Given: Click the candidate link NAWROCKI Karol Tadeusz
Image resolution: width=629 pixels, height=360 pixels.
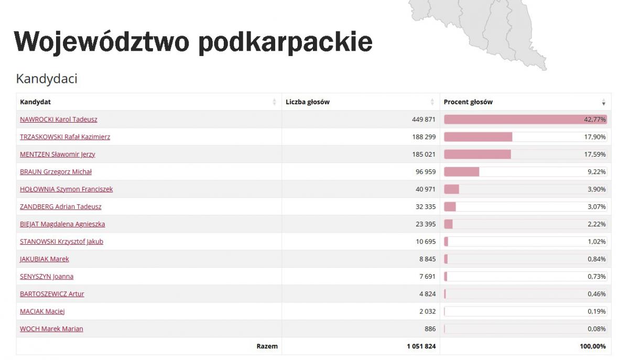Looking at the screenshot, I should pos(58,119).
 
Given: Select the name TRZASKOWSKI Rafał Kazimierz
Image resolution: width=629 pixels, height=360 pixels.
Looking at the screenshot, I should pos(65,137).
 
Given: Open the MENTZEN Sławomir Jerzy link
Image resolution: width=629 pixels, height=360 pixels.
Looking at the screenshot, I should pos(58,154).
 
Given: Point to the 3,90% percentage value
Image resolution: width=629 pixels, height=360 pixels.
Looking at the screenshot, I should pos(597,189).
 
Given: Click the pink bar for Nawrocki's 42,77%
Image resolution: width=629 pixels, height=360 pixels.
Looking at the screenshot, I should pos(524,119).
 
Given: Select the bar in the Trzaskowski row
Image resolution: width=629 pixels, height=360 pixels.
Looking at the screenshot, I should pos(478,137).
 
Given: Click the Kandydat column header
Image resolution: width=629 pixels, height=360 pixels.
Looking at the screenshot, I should pos(35,102).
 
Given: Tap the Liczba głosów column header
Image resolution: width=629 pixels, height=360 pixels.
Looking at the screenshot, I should pos(308,102).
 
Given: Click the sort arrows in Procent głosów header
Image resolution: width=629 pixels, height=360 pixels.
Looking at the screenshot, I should pos(603,102).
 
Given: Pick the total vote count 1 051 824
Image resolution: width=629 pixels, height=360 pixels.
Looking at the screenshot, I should pos(421,346).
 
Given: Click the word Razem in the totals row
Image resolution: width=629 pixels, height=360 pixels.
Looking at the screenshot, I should pos(267,346).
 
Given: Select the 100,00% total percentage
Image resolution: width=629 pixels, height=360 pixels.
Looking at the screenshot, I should pos(592,346).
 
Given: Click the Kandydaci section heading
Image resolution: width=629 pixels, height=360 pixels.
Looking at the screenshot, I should pos(47,79).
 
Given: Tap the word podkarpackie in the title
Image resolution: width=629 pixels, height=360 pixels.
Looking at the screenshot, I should pos(285,41).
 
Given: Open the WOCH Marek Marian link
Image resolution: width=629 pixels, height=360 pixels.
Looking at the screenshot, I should pos(51,329).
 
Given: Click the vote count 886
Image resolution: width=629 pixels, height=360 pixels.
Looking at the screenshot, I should pos(430,329).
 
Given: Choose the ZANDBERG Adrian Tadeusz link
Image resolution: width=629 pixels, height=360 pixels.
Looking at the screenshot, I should pos(61,206).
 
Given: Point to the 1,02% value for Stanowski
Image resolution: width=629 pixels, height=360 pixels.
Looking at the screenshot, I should pos(597,242).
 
